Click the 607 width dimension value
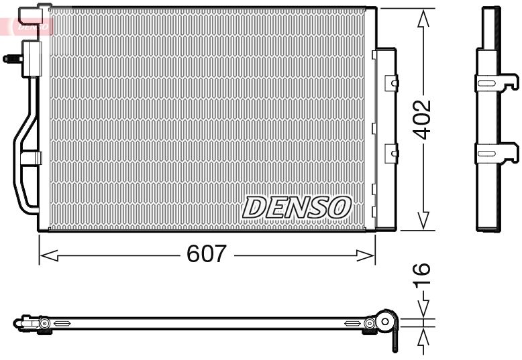[207, 254]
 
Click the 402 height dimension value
[421, 119]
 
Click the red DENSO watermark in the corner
[27, 27]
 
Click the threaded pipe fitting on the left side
[11, 58]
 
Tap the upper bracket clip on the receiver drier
[390, 82]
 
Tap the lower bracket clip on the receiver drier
[390, 154]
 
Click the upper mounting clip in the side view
[497, 82]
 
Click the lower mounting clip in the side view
[497, 154]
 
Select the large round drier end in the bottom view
[386, 321]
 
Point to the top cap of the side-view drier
[491, 9]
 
